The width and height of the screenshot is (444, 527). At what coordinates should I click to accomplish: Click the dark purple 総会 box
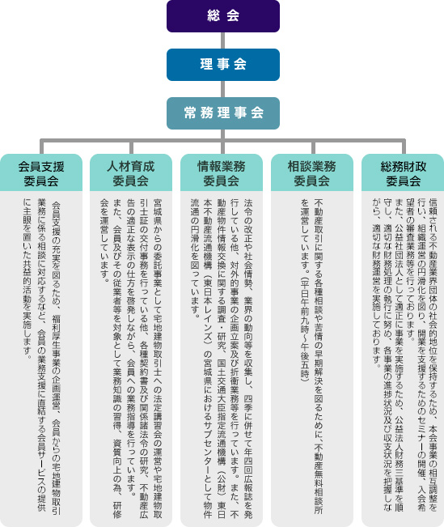pyautogui.click(x=223, y=16)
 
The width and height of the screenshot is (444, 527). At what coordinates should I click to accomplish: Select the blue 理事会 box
pyautogui.click(x=223, y=65)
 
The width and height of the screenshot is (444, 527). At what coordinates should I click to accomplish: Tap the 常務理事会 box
pyautogui.click(x=223, y=113)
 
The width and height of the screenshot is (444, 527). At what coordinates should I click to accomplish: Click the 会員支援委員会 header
pyautogui.click(x=41, y=172)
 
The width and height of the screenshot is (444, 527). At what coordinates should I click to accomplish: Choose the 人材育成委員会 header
pyautogui.click(x=131, y=172)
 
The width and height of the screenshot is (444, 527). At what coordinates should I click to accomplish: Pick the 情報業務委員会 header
pyautogui.click(x=222, y=172)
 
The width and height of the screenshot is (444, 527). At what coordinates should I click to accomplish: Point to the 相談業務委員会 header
pyautogui.click(x=312, y=172)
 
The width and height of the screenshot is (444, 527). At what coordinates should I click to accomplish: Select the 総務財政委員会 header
pyautogui.click(x=403, y=172)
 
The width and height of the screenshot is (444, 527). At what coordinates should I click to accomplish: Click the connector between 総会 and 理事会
pyautogui.click(x=223, y=40)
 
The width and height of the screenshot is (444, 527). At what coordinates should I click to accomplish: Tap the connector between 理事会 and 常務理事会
pyautogui.click(x=223, y=89)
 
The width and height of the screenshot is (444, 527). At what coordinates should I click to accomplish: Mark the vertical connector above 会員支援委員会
pyautogui.click(x=41, y=147)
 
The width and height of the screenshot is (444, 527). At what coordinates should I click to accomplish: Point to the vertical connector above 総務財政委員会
pyautogui.click(x=404, y=147)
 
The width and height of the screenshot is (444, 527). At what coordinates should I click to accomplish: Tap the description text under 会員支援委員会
pyautogui.click(x=41, y=356)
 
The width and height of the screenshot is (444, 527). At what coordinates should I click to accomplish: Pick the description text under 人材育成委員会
pyautogui.click(x=131, y=358)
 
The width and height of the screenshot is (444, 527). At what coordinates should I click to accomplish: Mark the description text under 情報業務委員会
pyautogui.click(x=222, y=358)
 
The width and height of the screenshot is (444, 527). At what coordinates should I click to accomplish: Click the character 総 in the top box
pyautogui.click(x=214, y=15)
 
